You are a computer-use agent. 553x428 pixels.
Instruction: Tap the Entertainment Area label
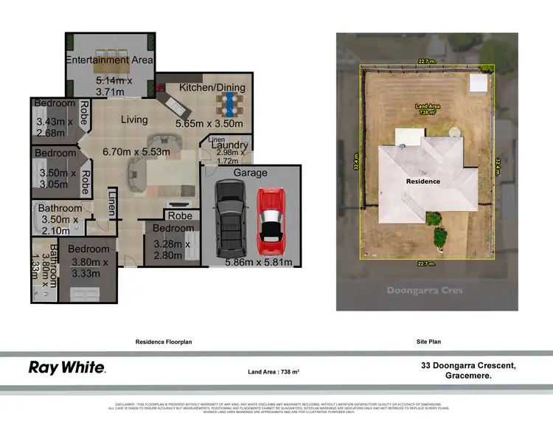pos(109,61)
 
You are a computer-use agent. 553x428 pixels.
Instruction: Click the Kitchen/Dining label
pos(212,88)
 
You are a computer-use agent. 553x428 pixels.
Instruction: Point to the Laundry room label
pos(229,145)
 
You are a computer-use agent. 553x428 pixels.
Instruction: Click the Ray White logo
pos(67,367)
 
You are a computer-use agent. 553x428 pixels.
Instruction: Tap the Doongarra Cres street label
pos(425,290)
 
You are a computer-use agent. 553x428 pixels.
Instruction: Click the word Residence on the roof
pos(422,181)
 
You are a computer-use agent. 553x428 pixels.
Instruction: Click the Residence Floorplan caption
pos(164,342)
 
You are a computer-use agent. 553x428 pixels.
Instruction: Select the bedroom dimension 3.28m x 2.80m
pos(172,250)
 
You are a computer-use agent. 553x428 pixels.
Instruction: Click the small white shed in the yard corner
pos(480,83)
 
